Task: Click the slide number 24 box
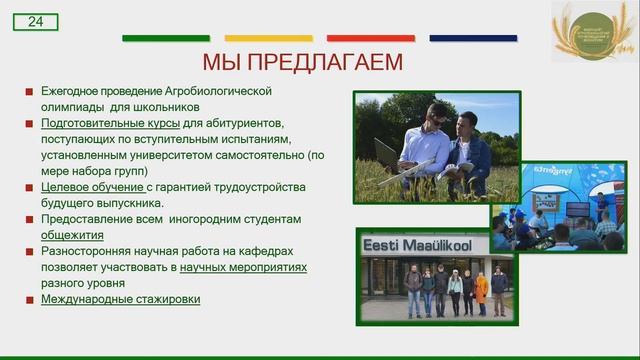[36, 21]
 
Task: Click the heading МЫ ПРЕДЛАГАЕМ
[302, 62]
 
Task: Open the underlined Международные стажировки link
[120, 299]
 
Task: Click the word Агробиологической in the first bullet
[217, 90]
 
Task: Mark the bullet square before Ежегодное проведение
[30, 91]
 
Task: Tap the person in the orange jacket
[481, 291]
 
